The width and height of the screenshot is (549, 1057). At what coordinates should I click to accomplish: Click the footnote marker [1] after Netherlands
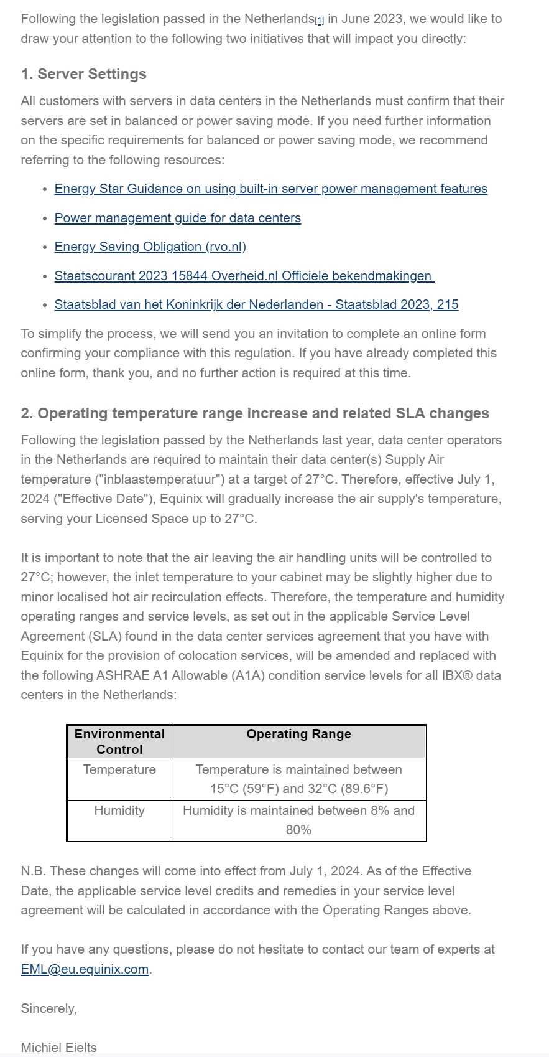(x=319, y=21)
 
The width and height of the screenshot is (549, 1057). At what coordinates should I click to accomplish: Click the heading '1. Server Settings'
(x=83, y=74)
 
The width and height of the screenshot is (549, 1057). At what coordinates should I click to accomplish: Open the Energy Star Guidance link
(x=270, y=189)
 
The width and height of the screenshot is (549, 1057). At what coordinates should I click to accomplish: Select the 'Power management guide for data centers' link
(x=177, y=218)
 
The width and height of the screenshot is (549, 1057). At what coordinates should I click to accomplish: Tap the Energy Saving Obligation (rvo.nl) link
(x=150, y=247)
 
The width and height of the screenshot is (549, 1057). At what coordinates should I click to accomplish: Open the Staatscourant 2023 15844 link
(x=244, y=276)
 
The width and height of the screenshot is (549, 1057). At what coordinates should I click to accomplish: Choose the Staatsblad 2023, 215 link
(x=256, y=304)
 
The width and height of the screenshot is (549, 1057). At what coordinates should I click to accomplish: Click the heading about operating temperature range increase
(x=255, y=413)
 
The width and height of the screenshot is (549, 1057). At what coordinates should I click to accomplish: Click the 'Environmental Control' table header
(x=119, y=741)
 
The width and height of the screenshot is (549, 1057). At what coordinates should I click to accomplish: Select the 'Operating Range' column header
(x=298, y=734)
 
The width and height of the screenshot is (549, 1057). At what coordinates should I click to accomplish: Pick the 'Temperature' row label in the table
(x=119, y=769)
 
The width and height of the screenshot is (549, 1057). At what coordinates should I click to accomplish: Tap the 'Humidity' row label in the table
(x=119, y=810)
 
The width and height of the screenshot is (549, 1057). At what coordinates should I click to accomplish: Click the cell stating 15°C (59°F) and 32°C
(x=298, y=779)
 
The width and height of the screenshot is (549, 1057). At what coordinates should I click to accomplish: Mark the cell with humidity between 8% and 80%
(x=298, y=820)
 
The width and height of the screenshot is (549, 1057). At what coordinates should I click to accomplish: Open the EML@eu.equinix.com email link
(x=85, y=969)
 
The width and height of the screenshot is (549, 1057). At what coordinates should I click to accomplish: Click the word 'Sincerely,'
(x=48, y=1008)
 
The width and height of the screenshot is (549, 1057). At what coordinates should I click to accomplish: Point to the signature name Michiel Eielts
(x=59, y=1048)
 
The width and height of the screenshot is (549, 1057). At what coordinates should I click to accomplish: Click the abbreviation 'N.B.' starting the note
(x=33, y=871)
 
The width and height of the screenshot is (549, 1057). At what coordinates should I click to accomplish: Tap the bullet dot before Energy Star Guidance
(x=45, y=189)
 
